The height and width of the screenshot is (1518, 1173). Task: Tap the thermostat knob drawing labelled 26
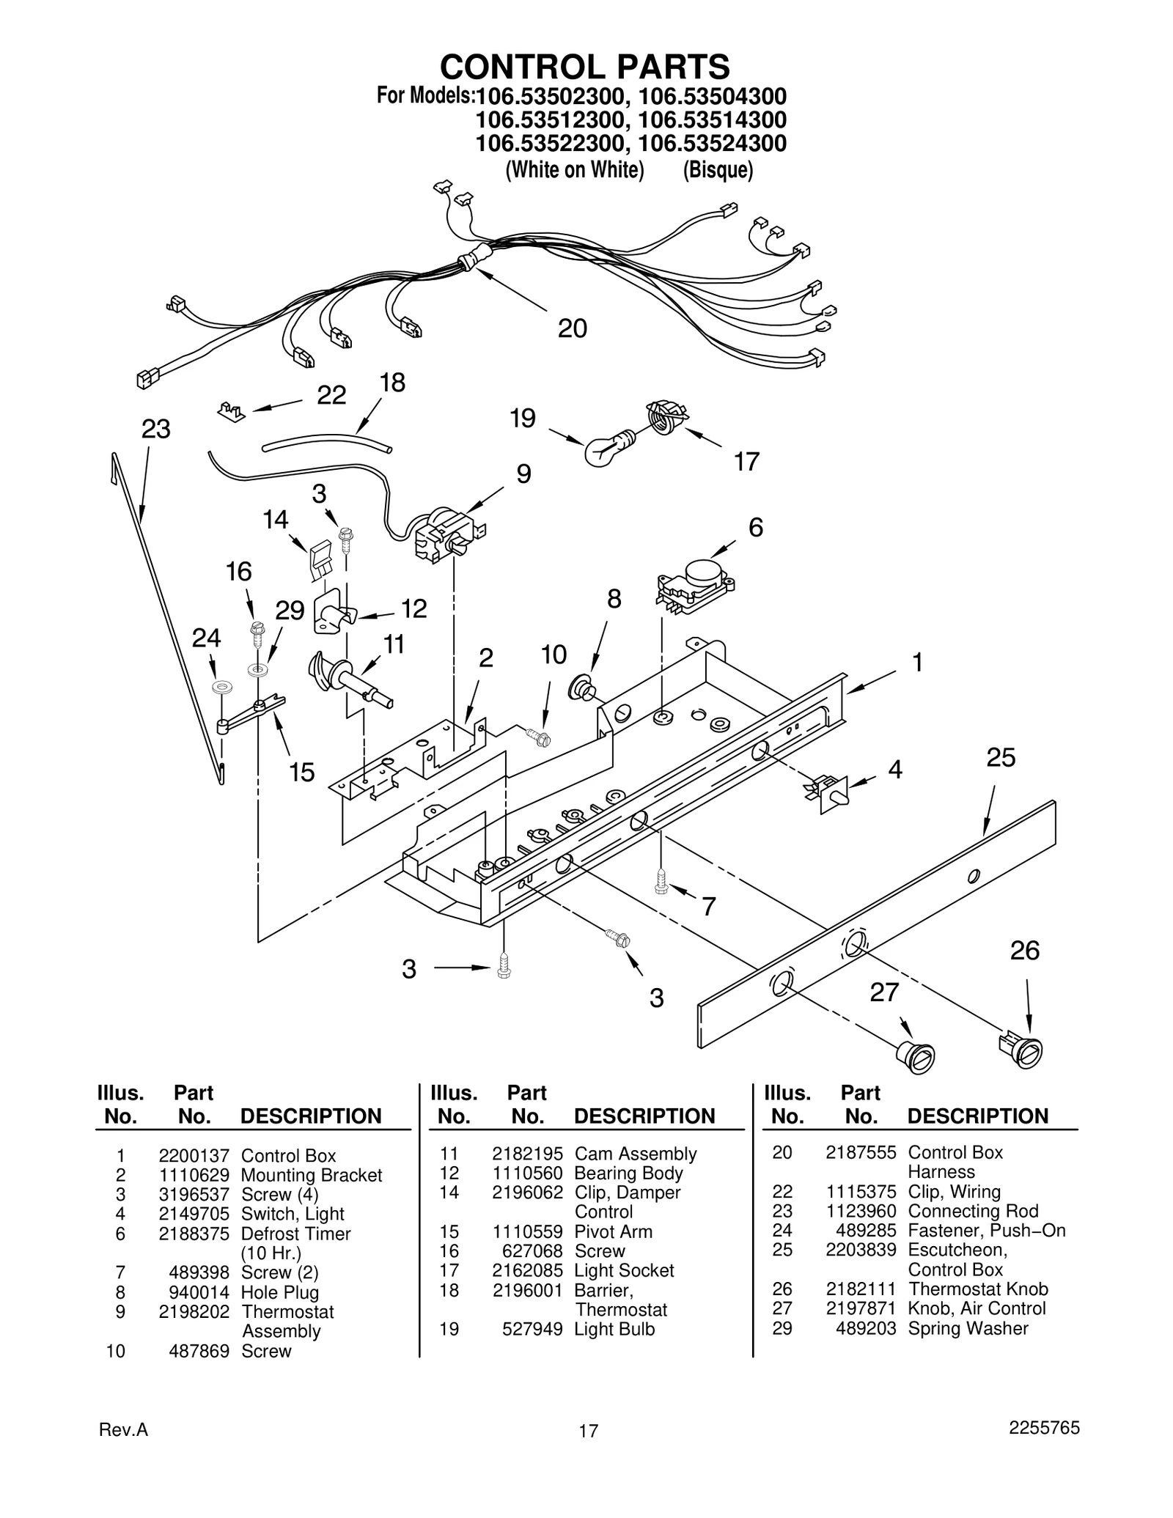pyautogui.click(x=1021, y=1049)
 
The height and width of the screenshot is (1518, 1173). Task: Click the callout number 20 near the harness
pyautogui.click(x=572, y=328)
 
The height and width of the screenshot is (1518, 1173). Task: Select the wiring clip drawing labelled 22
pyautogui.click(x=232, y=411)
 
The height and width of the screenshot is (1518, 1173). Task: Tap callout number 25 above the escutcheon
pyautogui.click(x=1001, y=757)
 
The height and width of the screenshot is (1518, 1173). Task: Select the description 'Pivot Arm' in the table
pyautogui.click(x=613, y=1231)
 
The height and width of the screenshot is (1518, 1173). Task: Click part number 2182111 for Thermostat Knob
pyautogui.click(x=861, y=1289)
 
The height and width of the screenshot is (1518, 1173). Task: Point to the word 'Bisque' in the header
pyautogui.click(x=718, y=170)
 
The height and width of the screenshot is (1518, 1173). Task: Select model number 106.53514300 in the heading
pyautogui.click(x=712, y=119)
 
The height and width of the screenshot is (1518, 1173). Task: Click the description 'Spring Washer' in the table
pyautogui.click(x=968, y=1328)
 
